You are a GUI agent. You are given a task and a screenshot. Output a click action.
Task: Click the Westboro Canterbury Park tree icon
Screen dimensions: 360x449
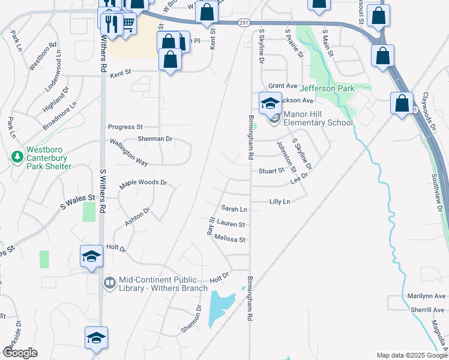point(17,157)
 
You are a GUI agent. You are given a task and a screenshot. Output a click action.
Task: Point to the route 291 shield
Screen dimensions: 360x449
point(243,23)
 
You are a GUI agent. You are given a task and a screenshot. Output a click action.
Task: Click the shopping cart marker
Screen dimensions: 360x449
point(128,23)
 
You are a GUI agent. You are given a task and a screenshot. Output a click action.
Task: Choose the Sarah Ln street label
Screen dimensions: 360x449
point(234,209)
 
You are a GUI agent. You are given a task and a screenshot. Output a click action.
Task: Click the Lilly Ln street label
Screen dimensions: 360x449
point(280,202)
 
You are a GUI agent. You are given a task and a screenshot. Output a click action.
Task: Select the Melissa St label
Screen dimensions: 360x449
point(234,239)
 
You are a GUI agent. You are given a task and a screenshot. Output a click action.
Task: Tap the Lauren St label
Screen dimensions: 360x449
point(231,224)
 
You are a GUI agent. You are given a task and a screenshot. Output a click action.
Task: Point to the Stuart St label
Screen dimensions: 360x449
point(271,171)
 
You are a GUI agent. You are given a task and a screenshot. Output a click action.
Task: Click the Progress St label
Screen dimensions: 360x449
point(125,127)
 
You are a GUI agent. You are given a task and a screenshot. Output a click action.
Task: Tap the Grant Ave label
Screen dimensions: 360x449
point(283,86)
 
